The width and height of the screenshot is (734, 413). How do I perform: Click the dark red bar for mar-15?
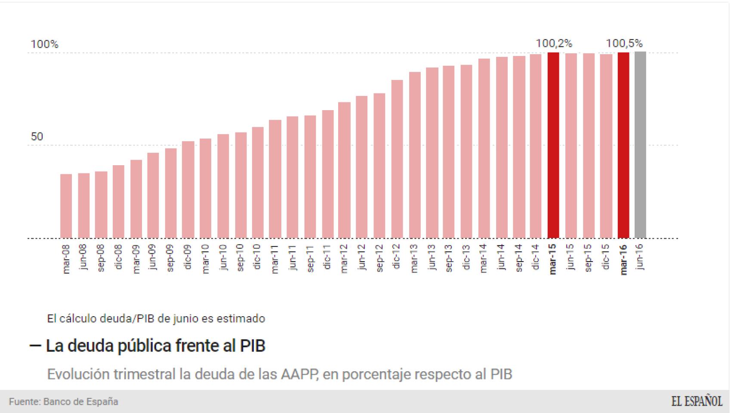[553, 145]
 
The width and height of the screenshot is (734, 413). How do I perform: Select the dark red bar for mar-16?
[623, 145]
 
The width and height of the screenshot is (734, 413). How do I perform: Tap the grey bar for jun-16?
[640, 145]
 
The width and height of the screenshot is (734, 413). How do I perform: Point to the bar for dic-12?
[397, 159]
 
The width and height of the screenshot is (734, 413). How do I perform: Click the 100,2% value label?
[554, 43]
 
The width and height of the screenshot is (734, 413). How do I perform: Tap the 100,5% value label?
[624, 43]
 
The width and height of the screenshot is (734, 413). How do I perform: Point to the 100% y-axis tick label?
[44, 44]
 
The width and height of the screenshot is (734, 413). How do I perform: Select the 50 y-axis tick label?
[37, 137]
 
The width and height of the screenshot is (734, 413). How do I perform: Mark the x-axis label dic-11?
[327, 257]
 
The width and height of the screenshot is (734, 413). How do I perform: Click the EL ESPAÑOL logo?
[697, 401]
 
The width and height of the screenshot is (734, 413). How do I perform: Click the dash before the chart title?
[35, 345]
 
